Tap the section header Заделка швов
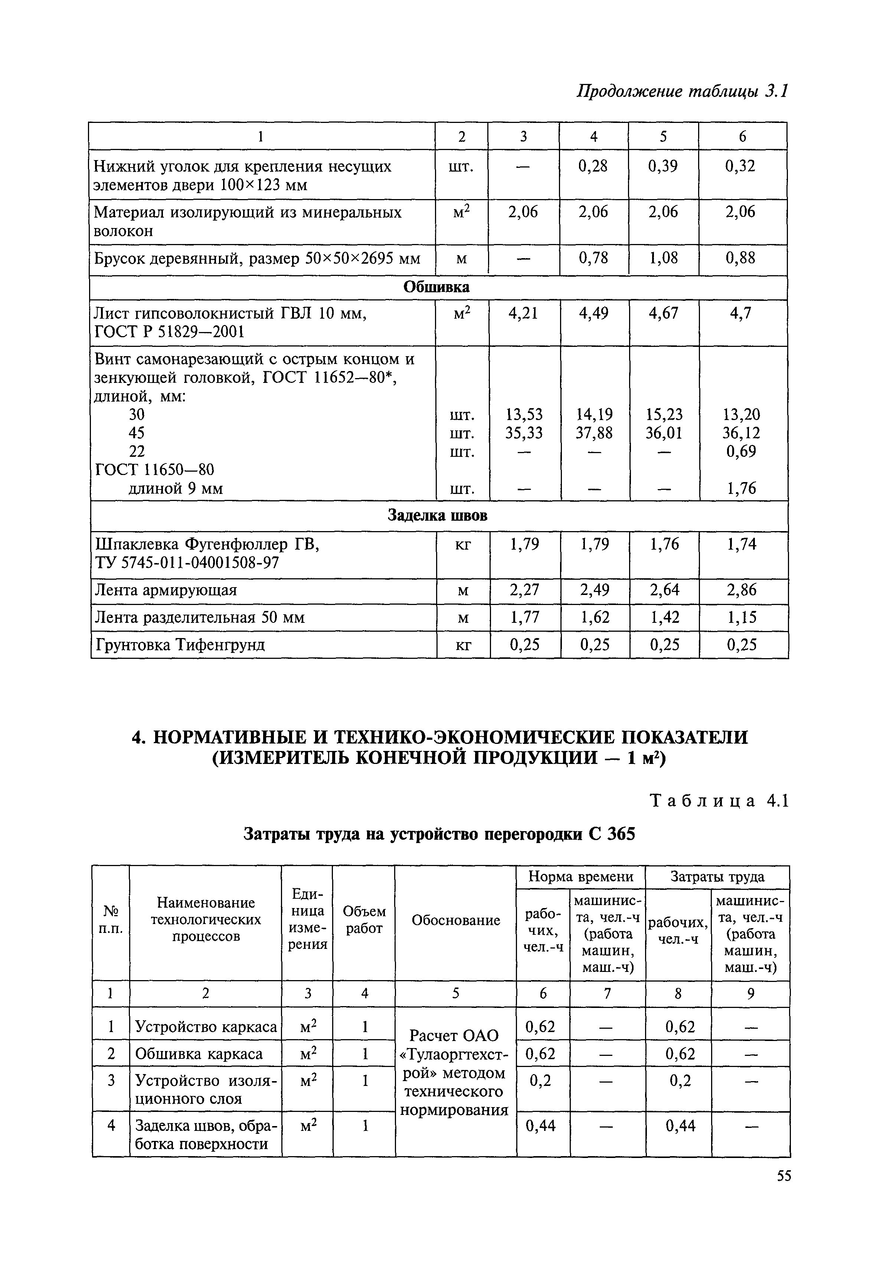[438, 515]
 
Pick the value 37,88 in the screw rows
[594, 433]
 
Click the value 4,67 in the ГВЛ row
[664, 313]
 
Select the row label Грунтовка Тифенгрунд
[180, 644]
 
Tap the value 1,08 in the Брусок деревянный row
[664, 258]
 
